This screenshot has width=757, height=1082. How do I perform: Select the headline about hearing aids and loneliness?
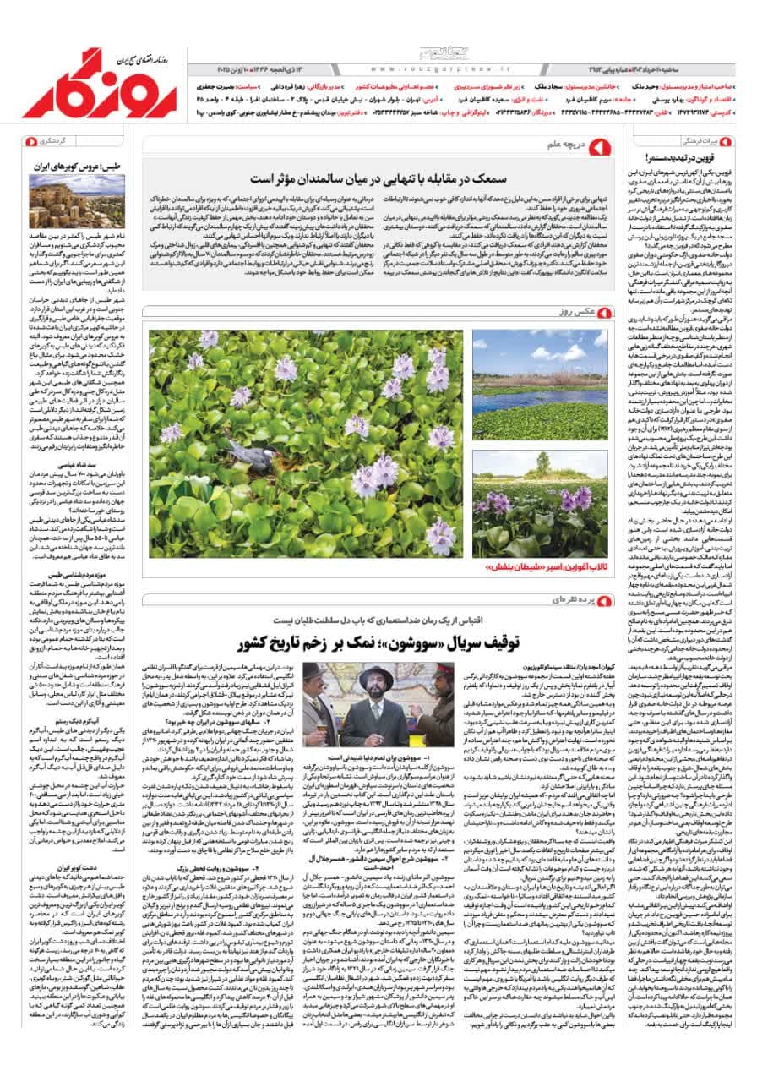(x=375, y=178)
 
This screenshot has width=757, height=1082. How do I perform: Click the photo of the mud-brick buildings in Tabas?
(x=65, y=201)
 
